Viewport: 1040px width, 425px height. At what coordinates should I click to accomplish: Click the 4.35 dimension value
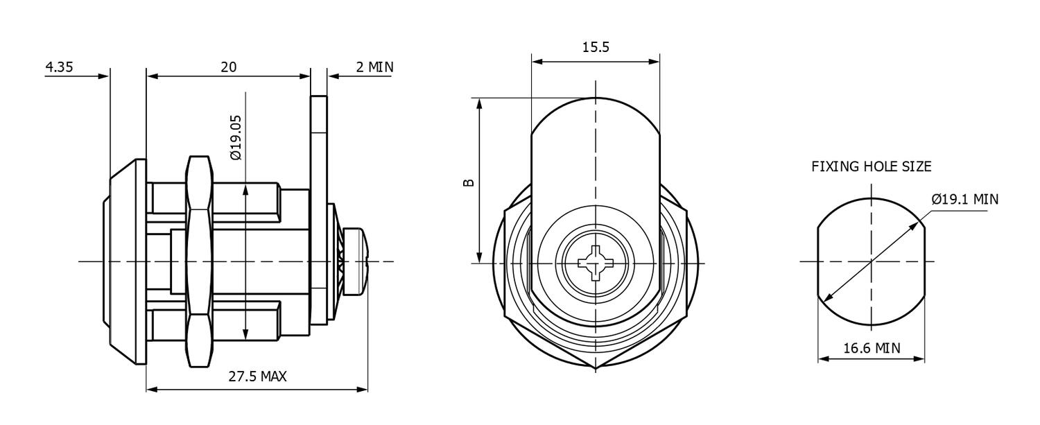click(59, 67)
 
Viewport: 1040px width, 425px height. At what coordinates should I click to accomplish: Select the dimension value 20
click(228, 67)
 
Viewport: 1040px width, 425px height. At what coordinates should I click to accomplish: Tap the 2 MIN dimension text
click(374, 67)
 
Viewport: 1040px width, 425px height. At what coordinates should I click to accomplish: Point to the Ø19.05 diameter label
click(236, 137)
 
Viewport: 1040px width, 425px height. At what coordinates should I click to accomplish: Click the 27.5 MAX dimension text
click(257, 376)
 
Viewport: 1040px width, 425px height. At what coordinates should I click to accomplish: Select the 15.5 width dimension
click(596, 47)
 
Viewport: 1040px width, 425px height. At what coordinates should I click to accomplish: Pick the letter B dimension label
click(469, 182)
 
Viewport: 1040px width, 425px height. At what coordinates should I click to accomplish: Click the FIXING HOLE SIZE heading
click(871, 166)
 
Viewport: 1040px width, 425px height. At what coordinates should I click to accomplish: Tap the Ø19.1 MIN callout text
click(964, 200)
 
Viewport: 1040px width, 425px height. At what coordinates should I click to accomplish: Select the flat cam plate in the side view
click(318, 208)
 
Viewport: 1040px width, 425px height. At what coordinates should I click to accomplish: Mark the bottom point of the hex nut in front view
click(595, 368)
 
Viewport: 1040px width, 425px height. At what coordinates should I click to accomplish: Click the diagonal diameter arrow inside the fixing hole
click(871, 262)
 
